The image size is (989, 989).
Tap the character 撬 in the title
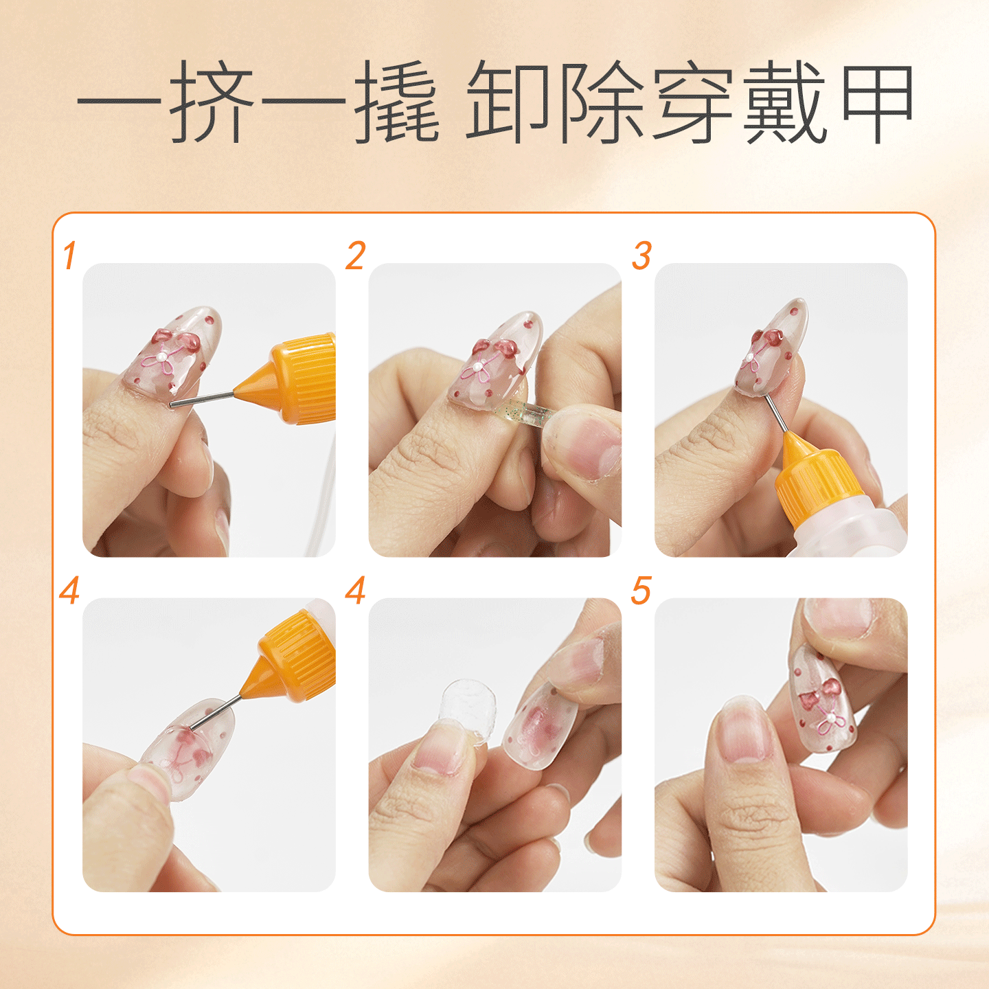(397, 101)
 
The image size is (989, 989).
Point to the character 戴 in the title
(786, 101)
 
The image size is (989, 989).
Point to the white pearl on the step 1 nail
(162, 355)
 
